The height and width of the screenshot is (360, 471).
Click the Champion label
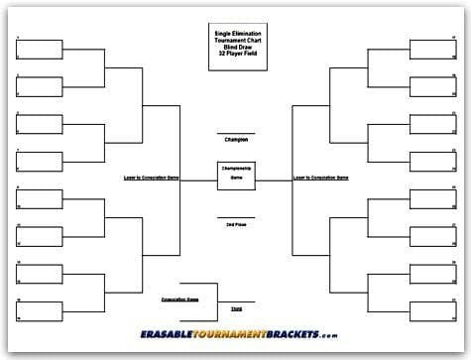[x=235, y=140]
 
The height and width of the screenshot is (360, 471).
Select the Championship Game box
[x=235, y=174]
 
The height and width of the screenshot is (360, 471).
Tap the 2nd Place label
[x=235, y=224]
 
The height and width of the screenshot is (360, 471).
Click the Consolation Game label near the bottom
[x=179, y=298]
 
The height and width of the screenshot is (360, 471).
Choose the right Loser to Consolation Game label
[x=320, y=178]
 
